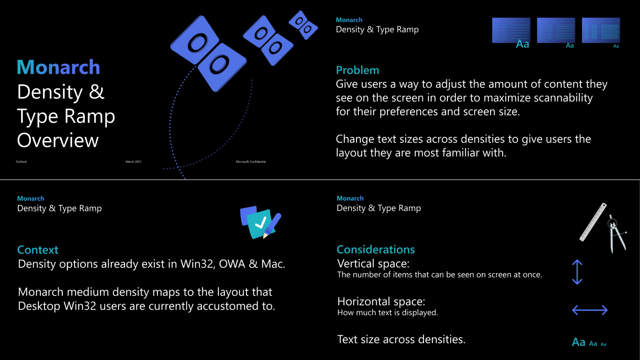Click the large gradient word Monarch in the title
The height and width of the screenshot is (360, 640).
[58, 67]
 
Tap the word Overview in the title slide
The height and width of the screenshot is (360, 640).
[58, 140]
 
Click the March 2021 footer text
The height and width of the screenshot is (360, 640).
[134, 162]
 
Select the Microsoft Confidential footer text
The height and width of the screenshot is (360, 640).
[251, 162]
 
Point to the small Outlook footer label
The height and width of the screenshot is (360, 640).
[21, 162]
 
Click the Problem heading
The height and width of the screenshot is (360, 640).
[357, 70]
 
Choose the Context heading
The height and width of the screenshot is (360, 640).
[37, 250]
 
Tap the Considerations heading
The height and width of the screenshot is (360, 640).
[375, 249]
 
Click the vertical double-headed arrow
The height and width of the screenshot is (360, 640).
[577, 272]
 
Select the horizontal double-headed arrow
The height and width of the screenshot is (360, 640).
[590, 310]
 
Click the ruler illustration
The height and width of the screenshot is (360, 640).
[593, 222]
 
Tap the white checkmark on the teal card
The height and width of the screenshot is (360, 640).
[260, 223]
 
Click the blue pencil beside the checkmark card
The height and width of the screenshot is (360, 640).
[272, 225]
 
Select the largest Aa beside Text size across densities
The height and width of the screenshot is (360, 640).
[578, 342]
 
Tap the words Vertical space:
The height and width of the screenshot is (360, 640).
[373, 263]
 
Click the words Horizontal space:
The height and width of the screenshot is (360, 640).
[381, 301]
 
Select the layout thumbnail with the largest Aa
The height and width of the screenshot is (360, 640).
[511, 30]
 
